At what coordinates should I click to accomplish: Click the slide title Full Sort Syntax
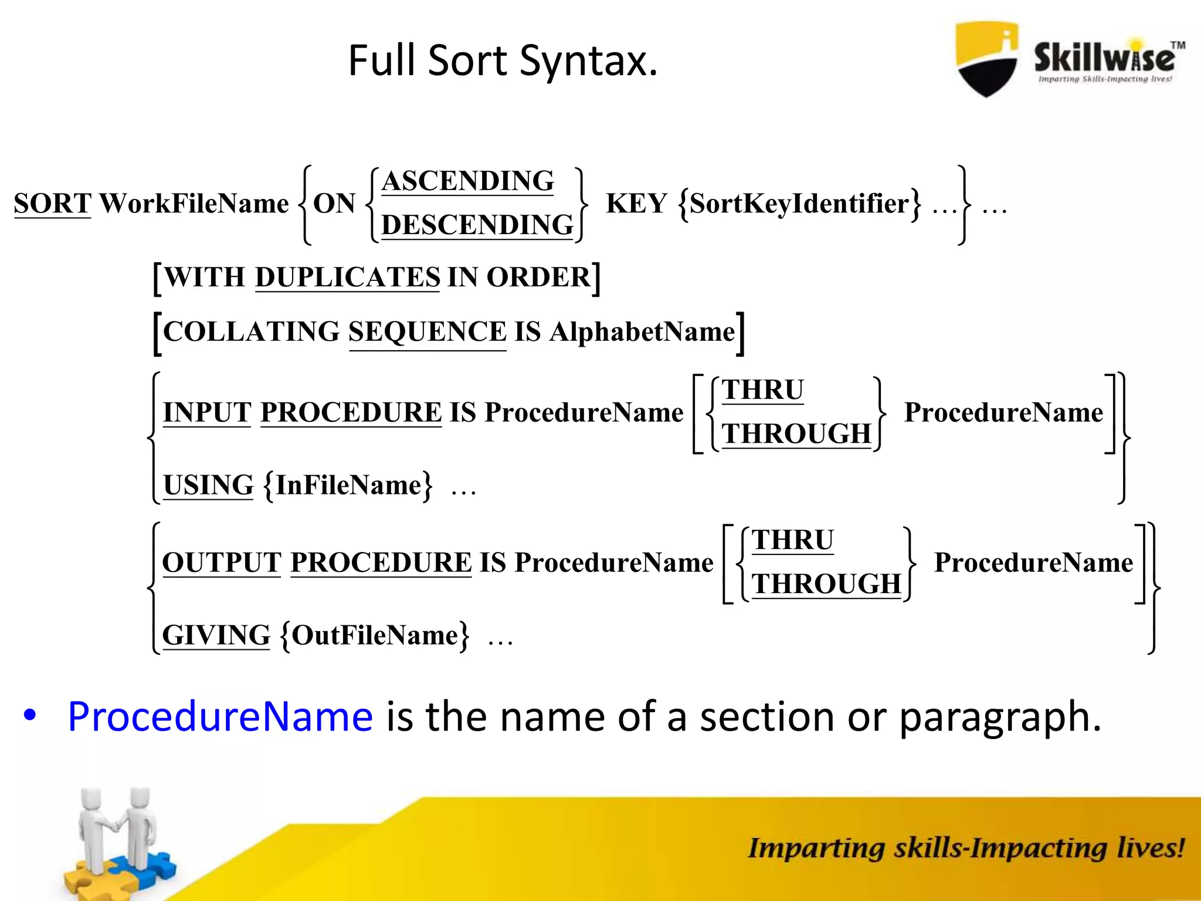[503, 60]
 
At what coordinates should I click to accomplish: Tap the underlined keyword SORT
[53, 204]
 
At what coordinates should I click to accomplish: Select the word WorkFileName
[194, 204]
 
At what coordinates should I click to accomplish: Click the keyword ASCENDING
[467, 181]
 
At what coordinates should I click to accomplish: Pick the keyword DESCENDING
[477, 225]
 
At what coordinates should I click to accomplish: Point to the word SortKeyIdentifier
[799, 204]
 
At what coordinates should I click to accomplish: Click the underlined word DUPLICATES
[347, 277]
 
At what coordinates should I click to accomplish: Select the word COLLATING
[251, 331]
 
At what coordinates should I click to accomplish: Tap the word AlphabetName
[642, 332]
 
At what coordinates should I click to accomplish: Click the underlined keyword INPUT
[207, 412]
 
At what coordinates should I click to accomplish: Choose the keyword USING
[208, 485]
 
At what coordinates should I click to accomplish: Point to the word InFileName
[348, 485]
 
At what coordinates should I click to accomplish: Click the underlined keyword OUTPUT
[222, 563]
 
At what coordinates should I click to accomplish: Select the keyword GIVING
[216, 635]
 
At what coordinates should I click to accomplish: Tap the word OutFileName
[375, 635]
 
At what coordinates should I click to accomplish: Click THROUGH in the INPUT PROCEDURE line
[796, 434]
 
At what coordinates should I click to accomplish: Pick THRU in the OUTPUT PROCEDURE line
[792, 540]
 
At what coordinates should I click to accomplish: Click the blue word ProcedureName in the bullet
[220, 716]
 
